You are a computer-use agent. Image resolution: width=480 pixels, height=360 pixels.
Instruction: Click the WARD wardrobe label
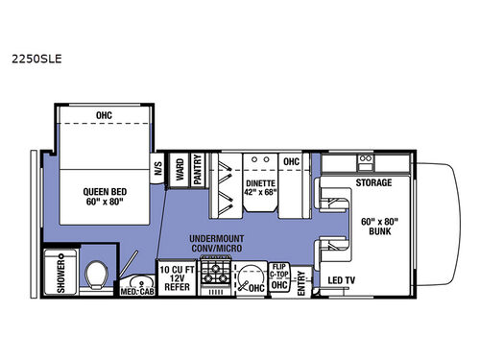(179, 170)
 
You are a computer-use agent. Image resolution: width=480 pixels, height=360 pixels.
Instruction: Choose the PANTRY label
(197, 170)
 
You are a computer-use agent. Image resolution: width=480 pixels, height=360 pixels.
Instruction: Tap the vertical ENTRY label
(300, 282)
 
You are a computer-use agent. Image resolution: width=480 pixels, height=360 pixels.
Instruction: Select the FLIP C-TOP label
(280, 273)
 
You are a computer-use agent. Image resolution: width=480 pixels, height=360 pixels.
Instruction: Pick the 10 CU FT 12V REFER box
(176, 278)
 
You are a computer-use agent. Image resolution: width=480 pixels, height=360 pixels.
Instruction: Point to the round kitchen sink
(252, 278)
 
